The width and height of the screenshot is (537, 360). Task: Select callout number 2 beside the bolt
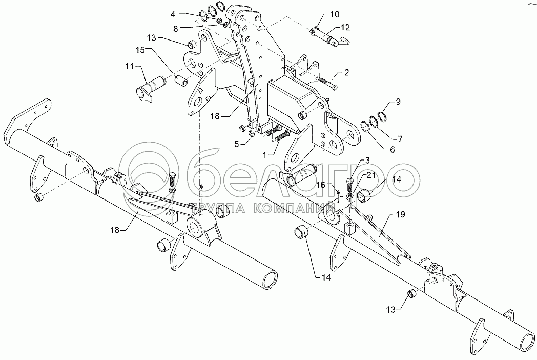[347, 73]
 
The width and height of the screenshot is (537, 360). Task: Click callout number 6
[393, 150]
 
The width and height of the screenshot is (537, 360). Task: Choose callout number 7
[400, 138]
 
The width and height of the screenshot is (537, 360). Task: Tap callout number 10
[334, 14]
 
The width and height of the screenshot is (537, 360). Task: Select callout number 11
[129, 67]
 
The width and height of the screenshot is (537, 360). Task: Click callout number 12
[345, 27]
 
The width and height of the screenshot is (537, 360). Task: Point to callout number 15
[140, 49]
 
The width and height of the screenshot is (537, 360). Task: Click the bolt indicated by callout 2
[328, 81]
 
